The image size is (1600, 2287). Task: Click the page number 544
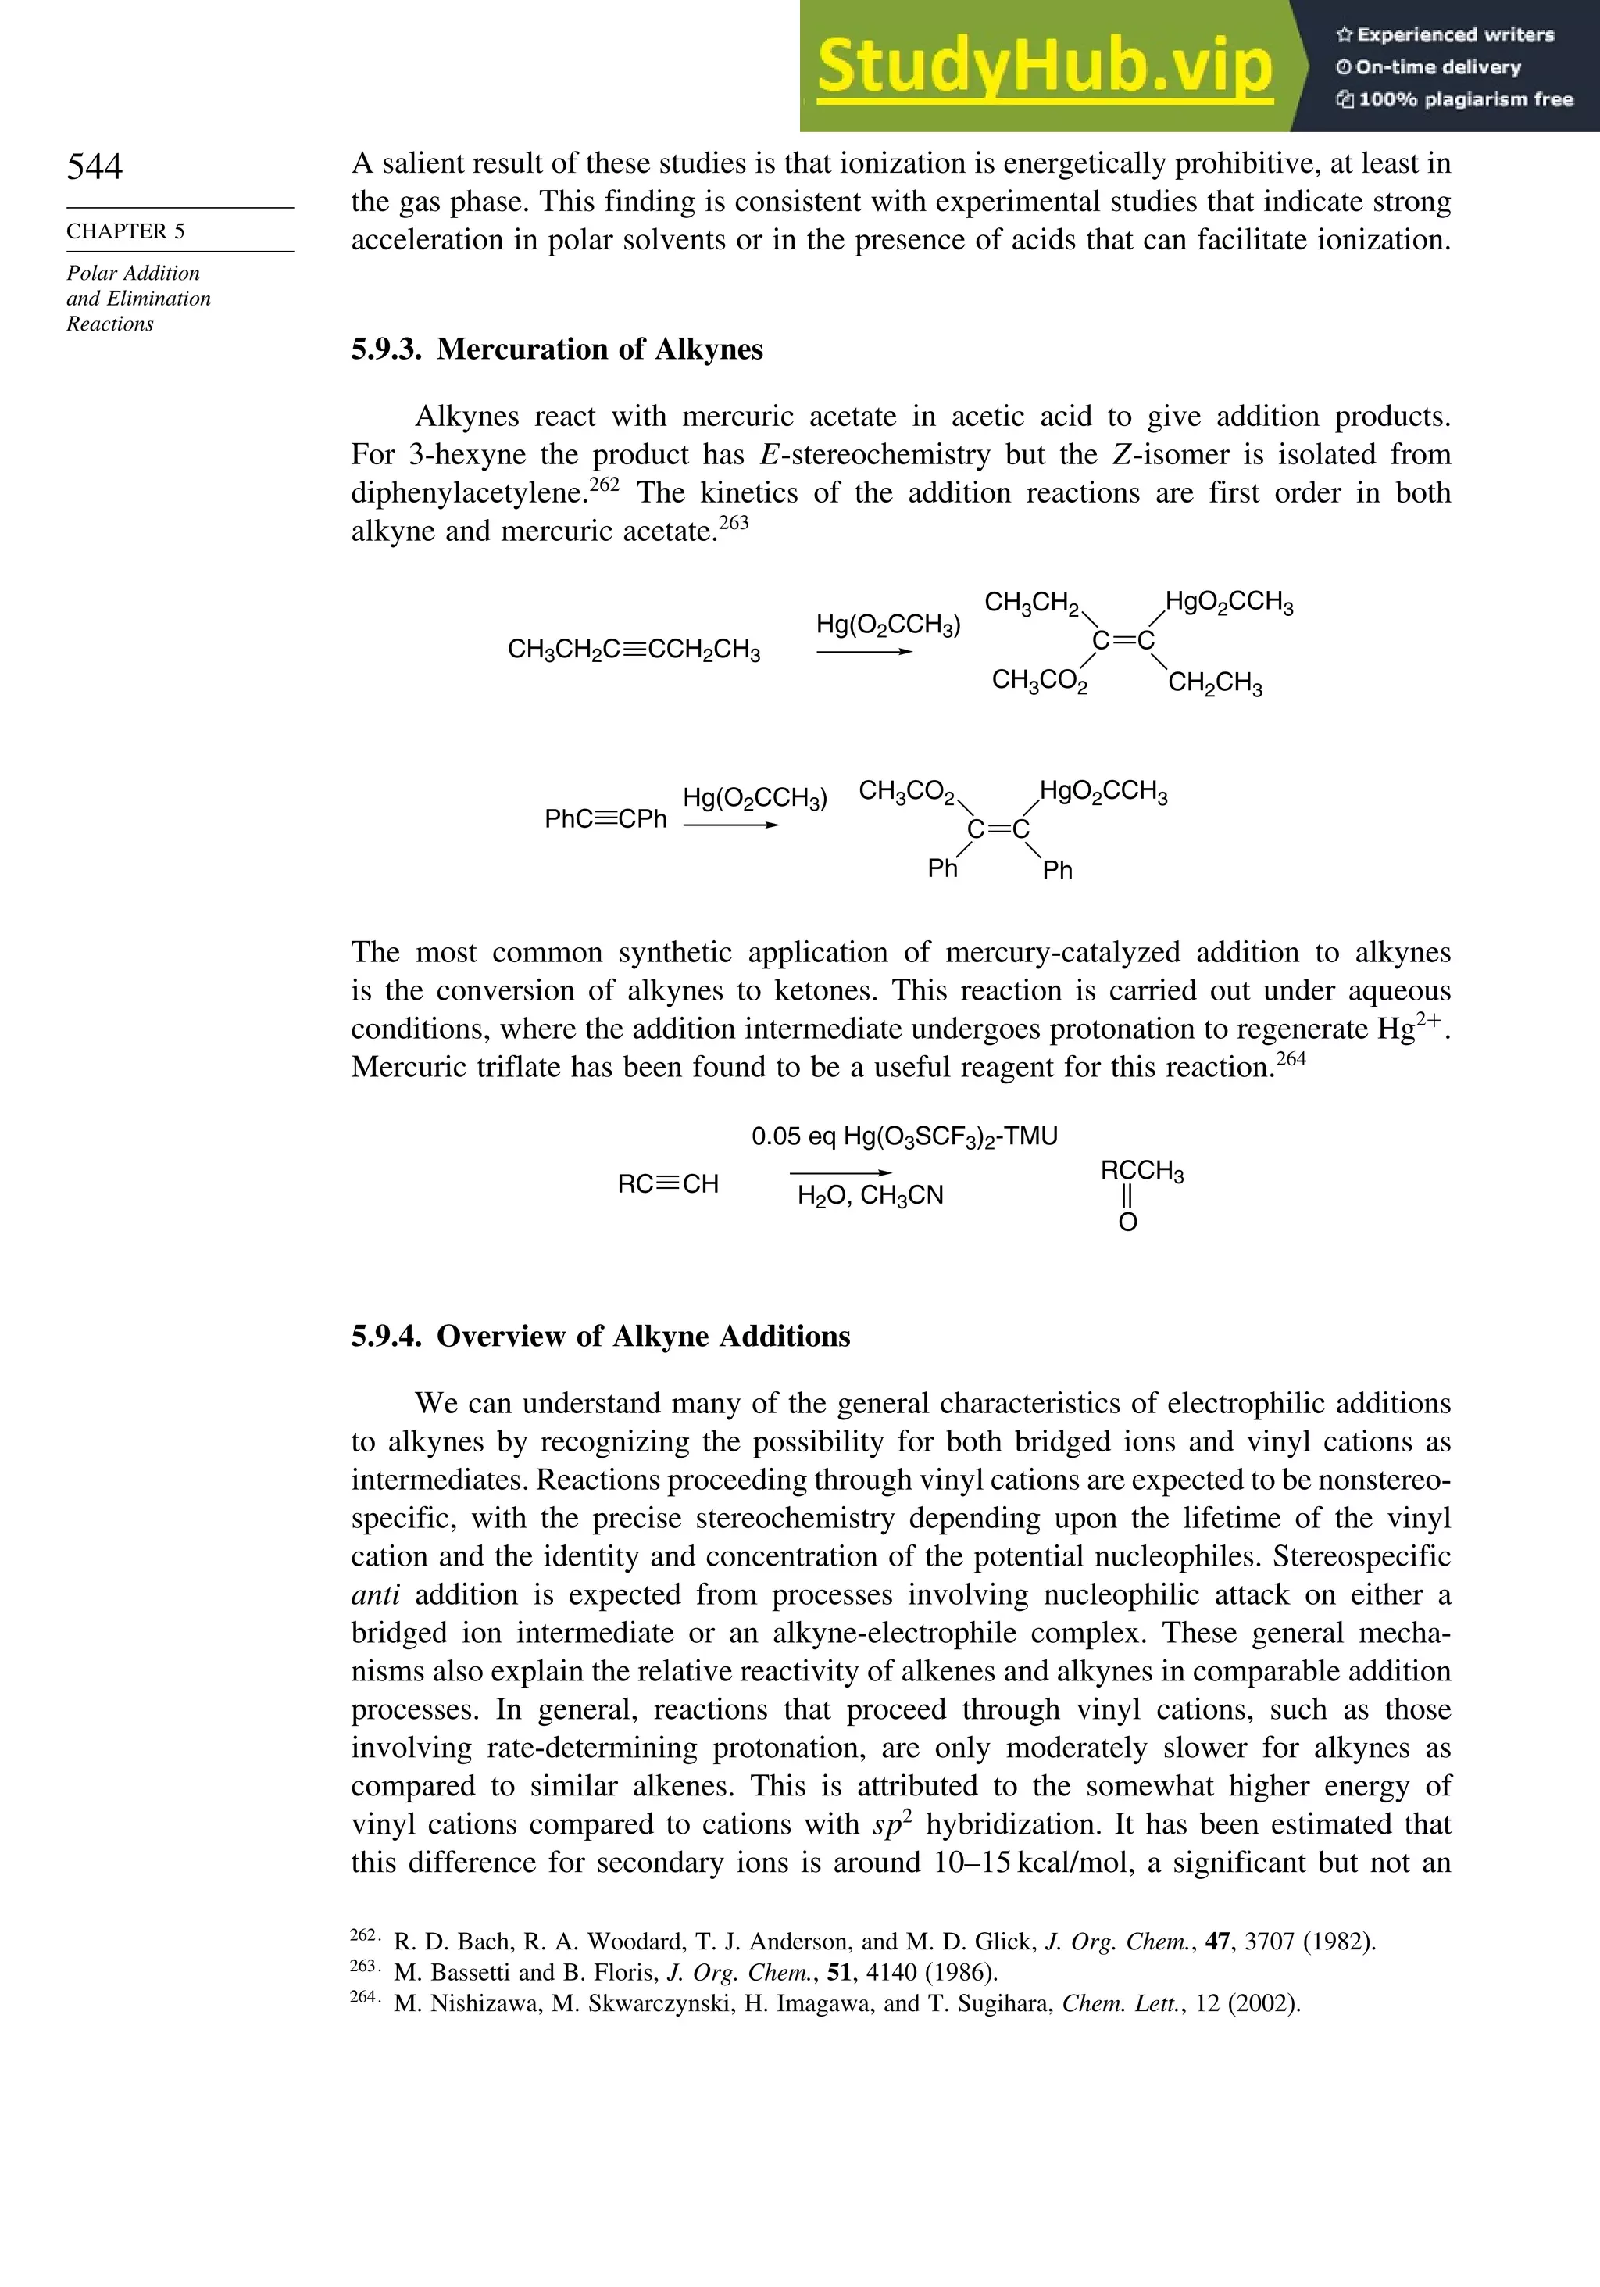click(95, 166)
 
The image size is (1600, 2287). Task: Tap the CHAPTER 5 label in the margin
click(126, 231)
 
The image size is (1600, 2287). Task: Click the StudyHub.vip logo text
click(1045, 66)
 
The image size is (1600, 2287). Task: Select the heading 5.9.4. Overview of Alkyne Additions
click(600, 1336)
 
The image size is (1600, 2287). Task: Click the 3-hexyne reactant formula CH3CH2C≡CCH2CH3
click(634, 650)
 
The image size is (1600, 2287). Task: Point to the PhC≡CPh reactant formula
click(605, 819)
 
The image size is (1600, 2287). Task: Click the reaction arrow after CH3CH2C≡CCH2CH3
click(863, 653)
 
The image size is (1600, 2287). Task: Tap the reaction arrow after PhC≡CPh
click(730, 825)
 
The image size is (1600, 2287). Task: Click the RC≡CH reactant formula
click(667, 1184)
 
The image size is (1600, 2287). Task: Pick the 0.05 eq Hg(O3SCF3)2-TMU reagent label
click(904, 1136)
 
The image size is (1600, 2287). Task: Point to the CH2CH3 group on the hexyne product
click(1214, 685)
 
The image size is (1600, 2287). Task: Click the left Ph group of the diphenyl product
click(942, 868)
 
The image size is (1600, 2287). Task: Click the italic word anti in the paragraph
click(375, 1594)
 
